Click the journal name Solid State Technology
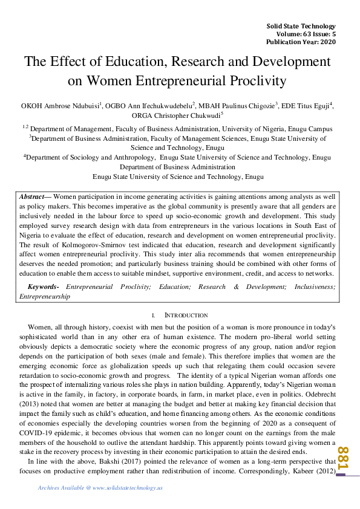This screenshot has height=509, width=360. pos(301,27)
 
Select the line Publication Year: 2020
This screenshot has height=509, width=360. pos(301,42)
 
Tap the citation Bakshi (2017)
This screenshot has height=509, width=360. pos(101,462)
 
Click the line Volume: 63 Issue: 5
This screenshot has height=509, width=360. pos(301,34)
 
